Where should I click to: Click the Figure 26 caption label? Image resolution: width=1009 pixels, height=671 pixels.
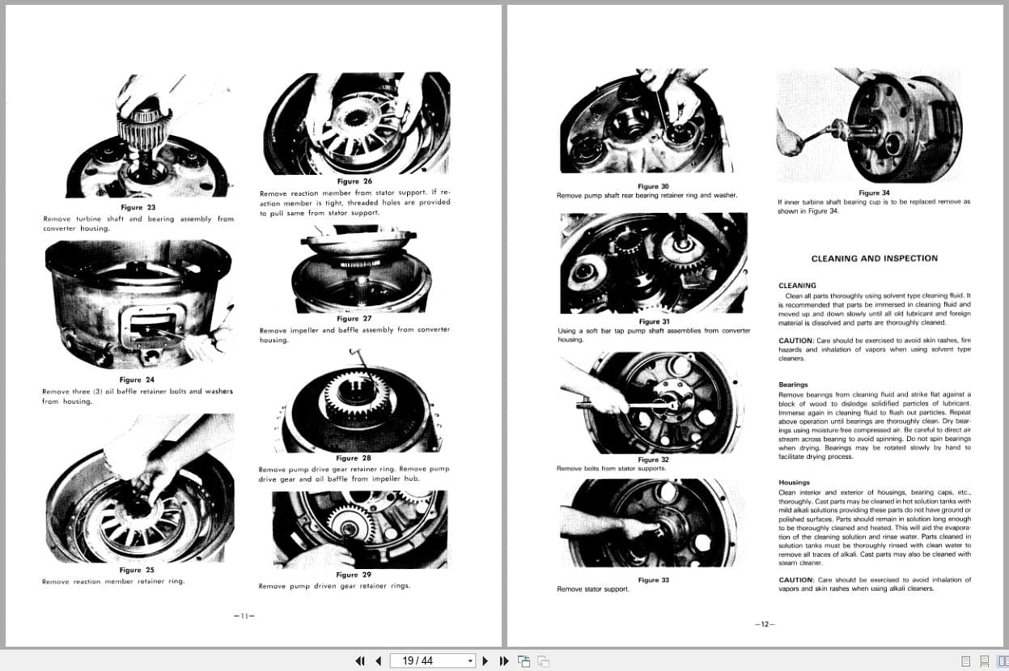tap(356, 182)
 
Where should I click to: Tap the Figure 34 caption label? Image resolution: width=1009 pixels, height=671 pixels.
tap(874, 193)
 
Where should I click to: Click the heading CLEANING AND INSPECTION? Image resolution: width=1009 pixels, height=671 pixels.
tap(874, 259)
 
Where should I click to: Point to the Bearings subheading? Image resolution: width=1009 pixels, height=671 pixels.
tap(793, 384)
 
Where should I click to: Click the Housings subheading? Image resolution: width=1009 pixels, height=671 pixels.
tap(794, 482)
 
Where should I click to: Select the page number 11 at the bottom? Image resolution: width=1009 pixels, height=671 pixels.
tap(244, 616)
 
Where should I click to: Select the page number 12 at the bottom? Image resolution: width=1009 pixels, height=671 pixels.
tap(763, 624)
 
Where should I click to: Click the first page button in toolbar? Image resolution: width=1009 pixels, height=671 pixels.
tap(360, 660)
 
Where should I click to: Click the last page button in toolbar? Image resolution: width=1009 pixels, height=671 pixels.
tap(504, 660)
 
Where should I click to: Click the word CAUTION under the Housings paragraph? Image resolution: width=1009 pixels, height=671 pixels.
tap(795, 580)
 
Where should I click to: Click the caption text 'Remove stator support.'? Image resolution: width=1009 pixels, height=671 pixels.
tap(593, 589)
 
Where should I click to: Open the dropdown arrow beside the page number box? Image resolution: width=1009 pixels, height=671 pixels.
tap(470, 660)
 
